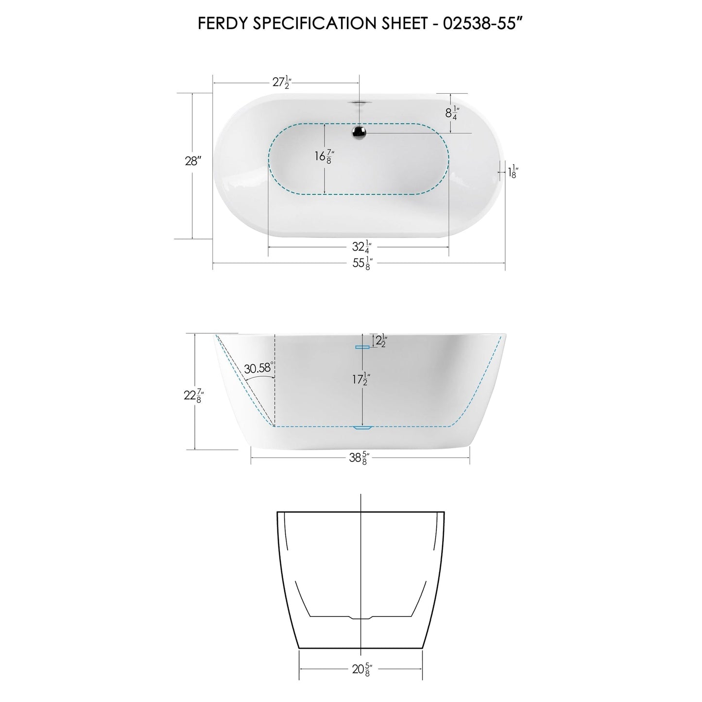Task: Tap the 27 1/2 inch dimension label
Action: coord(281,83)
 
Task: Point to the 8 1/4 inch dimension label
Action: coord(451,113)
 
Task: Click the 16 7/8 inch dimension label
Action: coord(325,156)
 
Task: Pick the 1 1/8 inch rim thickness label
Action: coord(512,172)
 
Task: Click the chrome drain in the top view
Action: coord(360,131)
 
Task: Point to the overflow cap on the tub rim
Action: coord(360,102)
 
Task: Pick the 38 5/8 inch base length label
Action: coord(360,458)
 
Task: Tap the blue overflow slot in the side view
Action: coord(362,347)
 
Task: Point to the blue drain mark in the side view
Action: coord(362,428)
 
